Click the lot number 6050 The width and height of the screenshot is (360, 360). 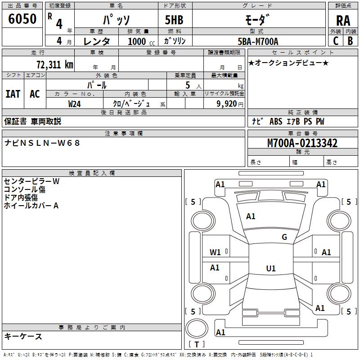point(22,19)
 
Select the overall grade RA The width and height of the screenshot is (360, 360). point(343,21)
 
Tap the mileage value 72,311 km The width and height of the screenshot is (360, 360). point(55,64)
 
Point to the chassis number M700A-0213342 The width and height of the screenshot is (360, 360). point(302,143)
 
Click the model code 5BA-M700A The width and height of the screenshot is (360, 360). point(258,41)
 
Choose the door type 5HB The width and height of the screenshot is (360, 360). point(174,20)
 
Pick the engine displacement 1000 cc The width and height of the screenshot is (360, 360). point(141,41)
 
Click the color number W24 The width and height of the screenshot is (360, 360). point(74,104)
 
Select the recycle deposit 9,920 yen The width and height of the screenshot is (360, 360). point(229,104)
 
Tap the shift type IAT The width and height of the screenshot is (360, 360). point(13,94)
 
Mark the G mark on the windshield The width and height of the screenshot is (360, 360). point(284,237)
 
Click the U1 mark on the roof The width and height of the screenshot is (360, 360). point(271,268)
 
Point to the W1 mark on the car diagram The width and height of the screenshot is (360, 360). point(215,252)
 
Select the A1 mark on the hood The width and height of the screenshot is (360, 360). point(251,216)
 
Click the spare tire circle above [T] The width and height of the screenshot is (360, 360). point(197,328)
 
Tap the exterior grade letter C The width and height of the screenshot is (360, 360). point(336,41)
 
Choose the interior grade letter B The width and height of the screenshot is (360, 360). point(350,41)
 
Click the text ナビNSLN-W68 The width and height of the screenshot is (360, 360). point(42,143)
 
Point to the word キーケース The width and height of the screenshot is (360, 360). point(23,337)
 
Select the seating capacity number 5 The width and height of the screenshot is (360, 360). point(188,85)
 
